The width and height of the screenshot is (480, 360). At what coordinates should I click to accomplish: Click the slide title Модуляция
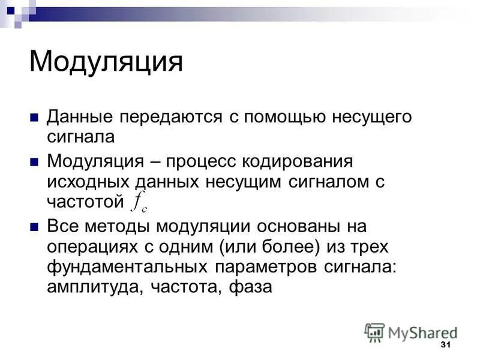point(106,62)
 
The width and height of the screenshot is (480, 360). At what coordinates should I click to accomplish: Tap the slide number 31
point(445,345)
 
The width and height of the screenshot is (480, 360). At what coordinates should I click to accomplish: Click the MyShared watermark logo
point(411,332)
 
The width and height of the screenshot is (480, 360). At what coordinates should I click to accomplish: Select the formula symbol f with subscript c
point(139,205)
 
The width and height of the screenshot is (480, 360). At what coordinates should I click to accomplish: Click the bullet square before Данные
point(35,116)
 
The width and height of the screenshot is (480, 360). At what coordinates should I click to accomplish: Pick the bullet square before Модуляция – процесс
point(35,161)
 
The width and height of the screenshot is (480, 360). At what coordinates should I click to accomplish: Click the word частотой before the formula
point(85,201)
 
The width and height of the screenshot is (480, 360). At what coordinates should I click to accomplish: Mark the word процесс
point(199,161)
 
